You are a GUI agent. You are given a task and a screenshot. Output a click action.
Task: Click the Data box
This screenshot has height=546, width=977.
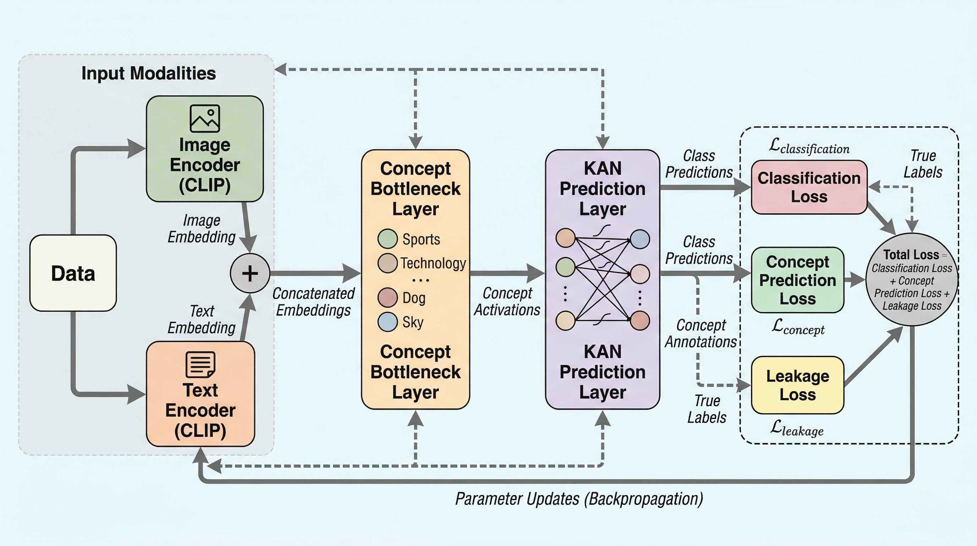73,273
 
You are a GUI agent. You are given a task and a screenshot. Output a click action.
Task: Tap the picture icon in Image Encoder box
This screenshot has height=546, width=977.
205,118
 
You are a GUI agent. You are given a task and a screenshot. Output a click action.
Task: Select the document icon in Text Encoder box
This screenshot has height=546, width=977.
200,364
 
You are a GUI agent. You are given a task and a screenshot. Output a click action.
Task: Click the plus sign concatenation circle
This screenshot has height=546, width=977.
250,273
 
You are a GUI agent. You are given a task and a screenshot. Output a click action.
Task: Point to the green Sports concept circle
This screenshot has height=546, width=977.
387,239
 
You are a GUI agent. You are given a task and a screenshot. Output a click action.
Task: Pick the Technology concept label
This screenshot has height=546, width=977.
433,263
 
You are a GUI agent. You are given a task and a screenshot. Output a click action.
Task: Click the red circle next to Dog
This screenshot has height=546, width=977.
387,297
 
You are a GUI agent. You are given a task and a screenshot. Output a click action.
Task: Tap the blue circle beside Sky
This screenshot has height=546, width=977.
387,322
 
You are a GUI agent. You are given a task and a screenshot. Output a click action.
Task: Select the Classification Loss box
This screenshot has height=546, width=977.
809,187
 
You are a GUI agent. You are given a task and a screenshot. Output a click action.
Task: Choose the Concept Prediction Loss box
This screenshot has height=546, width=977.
798,280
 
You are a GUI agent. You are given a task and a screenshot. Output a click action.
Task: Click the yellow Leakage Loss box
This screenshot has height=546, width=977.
798,385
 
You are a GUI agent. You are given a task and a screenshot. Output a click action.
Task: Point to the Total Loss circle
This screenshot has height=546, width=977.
912,279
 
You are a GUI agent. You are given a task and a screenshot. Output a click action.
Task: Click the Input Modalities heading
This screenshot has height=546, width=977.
149,73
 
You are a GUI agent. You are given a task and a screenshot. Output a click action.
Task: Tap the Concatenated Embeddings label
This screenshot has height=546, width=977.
313,301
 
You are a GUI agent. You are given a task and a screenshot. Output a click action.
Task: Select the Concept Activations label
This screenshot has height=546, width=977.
507,301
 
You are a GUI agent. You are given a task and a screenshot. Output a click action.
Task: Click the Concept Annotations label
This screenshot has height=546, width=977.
700,333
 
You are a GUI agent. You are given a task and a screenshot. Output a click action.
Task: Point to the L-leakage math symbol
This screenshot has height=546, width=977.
797,429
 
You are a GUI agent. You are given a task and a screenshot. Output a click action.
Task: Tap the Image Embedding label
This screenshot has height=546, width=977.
201,229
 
